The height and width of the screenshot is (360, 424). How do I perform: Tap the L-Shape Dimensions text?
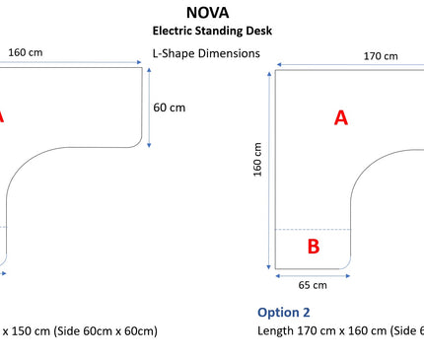206,52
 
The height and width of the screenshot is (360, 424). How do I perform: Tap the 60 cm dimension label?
170,108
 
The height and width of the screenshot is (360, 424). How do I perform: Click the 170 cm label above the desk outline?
381,56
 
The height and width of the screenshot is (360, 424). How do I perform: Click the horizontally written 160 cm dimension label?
24,53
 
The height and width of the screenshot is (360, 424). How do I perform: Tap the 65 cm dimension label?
313,284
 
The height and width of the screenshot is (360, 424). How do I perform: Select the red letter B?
314,248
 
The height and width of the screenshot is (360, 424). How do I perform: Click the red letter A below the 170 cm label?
341,117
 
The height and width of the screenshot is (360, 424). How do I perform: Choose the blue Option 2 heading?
284,312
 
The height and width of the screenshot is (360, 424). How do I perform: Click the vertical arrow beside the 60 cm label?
151,108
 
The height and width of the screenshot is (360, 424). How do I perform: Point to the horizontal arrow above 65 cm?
313,273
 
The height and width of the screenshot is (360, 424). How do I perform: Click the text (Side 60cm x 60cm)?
100,330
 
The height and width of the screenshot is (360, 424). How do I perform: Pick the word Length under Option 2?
277,330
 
